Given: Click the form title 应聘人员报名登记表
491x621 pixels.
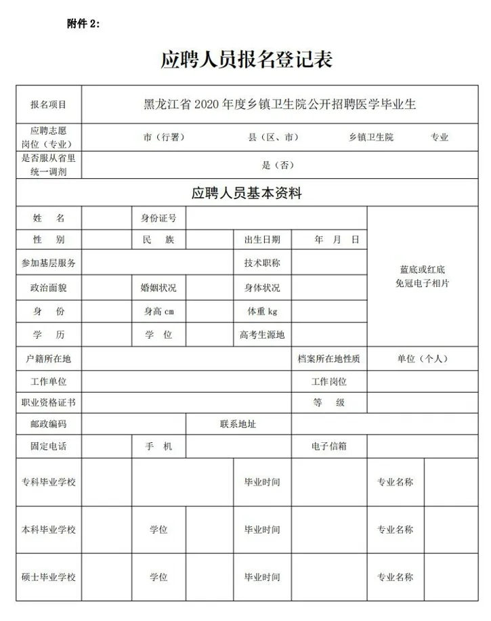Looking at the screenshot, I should pyautogui.click(x=246, y=60).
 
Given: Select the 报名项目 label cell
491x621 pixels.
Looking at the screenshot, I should pyautogui.click(x=49, y=105).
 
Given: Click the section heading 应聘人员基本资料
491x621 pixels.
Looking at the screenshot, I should pyautogui.click(x=246, y=194).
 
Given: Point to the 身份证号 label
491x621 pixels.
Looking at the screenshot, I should pyautogui.click(x=158, y=218).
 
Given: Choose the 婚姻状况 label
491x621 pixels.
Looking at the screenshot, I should pyautogui.click(x=158, y=288).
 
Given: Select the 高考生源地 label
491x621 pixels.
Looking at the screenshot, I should pyautogui.click(x=262, y=335).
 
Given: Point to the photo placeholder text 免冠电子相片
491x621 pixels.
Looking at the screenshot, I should pyautogui.click(x=423, y=283).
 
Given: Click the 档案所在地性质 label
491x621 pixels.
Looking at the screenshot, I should pyautogui.click(x=328, y=359).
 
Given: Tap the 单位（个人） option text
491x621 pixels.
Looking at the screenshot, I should pyautogui.click(x=423, y=359).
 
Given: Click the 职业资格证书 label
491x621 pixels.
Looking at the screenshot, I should pyautogui.click(x=49, y=402).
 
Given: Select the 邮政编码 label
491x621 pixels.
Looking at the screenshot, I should pyautogui.click(x=49, y=425).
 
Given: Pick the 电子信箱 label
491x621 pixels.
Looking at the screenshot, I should pyautogui.click(x=328, y=446).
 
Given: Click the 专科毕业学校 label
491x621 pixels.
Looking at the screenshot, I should pyautogui.click(x=49, y=482).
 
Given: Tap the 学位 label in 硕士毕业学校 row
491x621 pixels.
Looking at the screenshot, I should pyautogui.click(x=158, y=577).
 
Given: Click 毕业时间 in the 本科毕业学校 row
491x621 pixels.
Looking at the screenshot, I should pyautogui.click(x=262, y=530).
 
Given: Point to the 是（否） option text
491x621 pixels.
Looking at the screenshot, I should pyautogui.click(x=278, y=165).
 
